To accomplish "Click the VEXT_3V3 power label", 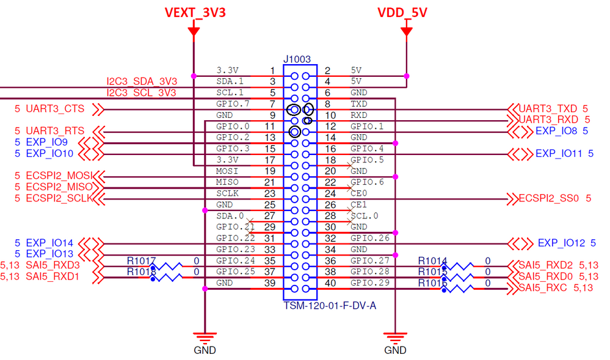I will tap(195, 13).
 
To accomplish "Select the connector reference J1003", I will tap(297, 59).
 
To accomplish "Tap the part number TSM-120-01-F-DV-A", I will tap(330, 304).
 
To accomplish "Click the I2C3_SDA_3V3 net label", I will tap(142, 81).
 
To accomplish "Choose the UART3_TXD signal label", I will tap(549, 109).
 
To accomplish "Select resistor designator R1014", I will tap(432, 261).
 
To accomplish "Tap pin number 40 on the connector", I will tap(330, 283).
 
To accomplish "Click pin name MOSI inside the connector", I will tap(227, 171).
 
